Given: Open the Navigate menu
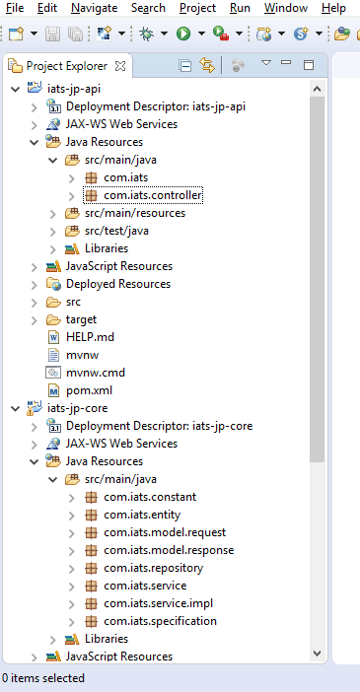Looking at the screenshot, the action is point(94,8).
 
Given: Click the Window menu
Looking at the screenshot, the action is point(286,8).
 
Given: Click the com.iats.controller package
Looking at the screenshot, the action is point(152,195).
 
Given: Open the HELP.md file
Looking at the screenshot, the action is point(90,337).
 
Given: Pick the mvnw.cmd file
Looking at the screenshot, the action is point(95,373).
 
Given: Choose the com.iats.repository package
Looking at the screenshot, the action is point(153,568).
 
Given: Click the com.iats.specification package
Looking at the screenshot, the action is point(160,621).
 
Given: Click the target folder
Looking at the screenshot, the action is point(82,319).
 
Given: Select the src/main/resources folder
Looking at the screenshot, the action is point(133,213).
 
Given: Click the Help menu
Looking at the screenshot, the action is point(333,8).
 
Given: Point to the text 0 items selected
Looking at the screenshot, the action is point(42,678).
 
